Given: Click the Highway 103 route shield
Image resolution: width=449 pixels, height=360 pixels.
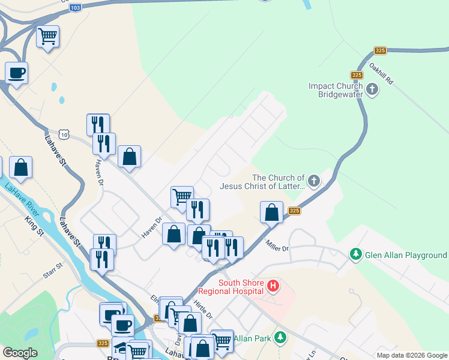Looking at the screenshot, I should pyautogui.click(x=75, y=8).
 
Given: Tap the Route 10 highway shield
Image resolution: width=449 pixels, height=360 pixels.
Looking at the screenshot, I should pyautogui.click(x=64, y=133).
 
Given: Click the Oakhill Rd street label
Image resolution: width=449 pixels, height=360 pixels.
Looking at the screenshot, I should pyautogui.click(x=381, y=73).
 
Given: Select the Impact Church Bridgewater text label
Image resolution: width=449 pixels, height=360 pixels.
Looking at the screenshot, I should pyautogui.click(x=336, y=91).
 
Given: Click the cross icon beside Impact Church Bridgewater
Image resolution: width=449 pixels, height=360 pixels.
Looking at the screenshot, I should pyautogui.click(x=372, y=91).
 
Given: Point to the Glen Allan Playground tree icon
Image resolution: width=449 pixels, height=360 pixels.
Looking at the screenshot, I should pyautogui.click(x=356, y=255).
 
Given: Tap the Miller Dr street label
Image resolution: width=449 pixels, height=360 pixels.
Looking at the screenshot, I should pyautogui.click(x=277, y=244).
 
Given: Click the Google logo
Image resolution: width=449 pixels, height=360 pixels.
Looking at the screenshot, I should pyautogui.click(x=20, y=353).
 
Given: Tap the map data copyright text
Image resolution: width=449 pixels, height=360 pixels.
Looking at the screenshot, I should pyautogui.click(x=411, y=355).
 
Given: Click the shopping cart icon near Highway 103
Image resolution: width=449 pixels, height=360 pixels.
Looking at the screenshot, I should pyautogui.click(x=47, y=36).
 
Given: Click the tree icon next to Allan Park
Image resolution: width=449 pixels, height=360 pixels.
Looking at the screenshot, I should pyautogui.click(x=279, y=338).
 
